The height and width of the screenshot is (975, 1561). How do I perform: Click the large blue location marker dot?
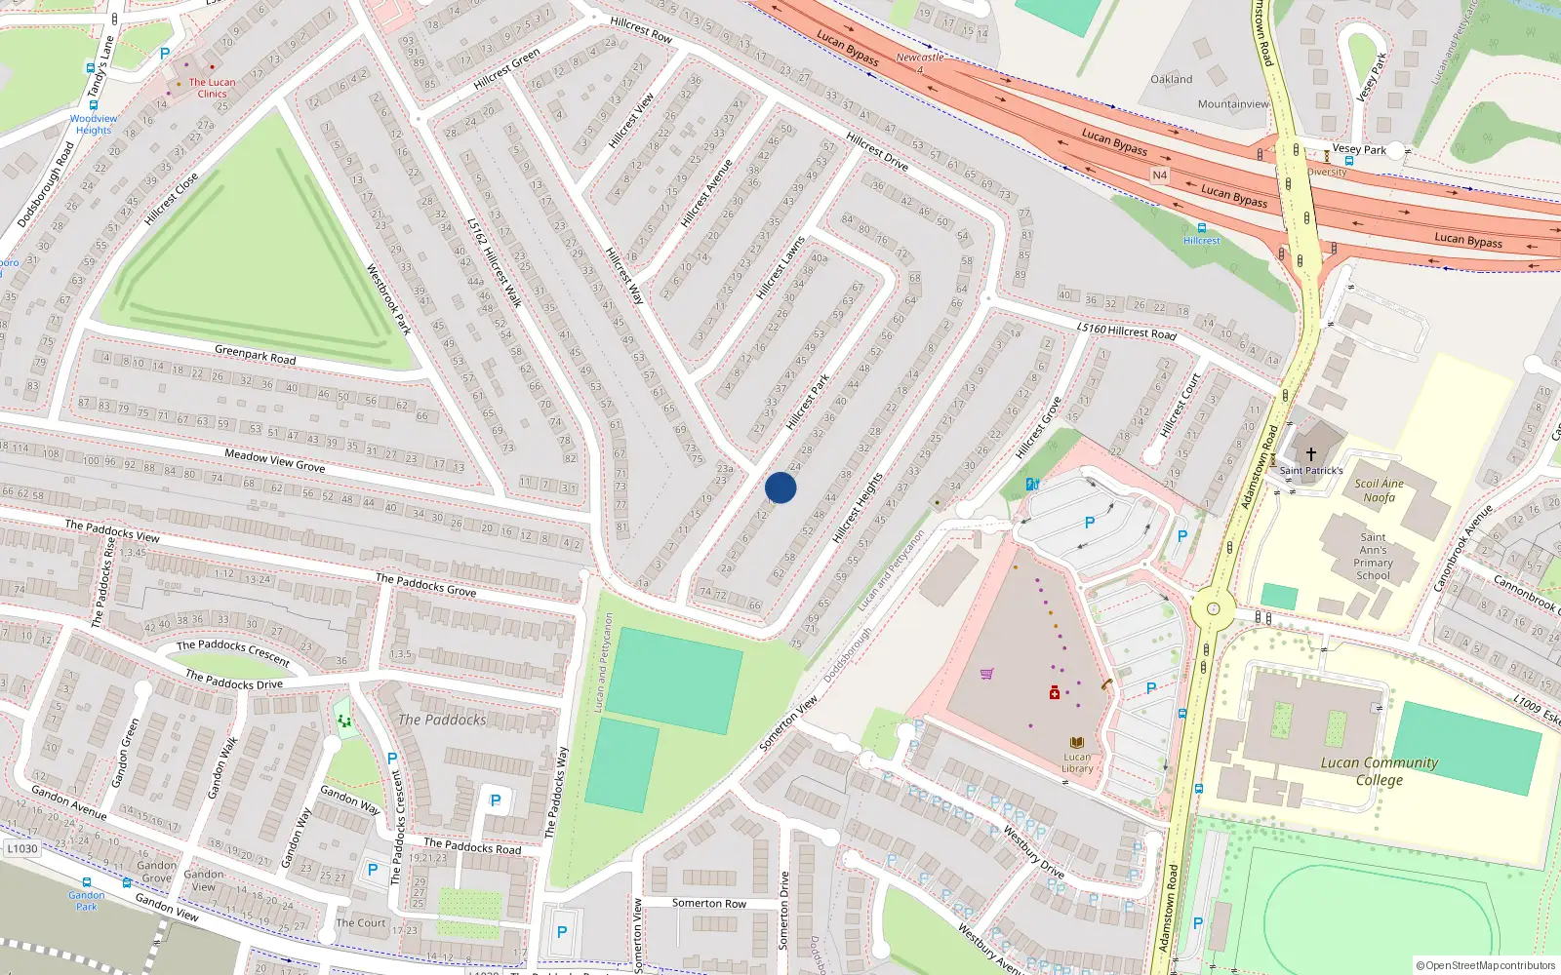tap(780, 487)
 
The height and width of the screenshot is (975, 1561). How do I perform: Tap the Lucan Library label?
tap(1077, 762)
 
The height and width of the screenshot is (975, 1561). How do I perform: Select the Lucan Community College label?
tap(1379, 771)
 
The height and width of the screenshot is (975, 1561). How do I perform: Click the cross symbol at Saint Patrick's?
tap(1311, 454)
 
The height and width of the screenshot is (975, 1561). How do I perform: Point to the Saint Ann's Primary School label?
tap(1373, 557)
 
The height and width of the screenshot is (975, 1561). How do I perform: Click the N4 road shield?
tap(1159, 175)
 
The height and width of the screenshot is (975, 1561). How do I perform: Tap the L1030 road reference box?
tap(22, 848)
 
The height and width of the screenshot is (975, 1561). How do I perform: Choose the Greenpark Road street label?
tap(255, 353)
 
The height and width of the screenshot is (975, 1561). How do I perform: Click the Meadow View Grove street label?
tap(274, 460)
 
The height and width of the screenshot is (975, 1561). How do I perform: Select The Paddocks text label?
tap(442, 720)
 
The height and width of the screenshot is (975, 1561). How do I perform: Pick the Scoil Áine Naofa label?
tap(1379, 490)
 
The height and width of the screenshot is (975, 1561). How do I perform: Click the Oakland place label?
tap(1171, 79)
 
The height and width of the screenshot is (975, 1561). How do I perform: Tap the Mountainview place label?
tap(1233, 104)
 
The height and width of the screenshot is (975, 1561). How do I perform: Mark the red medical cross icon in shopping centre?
tap(1054, 692)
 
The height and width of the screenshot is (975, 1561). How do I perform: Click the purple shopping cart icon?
tap(986, 673)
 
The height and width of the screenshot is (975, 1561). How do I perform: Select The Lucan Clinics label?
tap(212, 88)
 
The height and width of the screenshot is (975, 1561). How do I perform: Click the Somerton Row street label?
tap(708, 904)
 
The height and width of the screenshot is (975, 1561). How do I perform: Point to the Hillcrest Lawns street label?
tap(780, 267)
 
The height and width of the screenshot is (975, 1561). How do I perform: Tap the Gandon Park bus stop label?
tap(87, 900)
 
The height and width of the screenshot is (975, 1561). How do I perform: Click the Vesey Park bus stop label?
tap(1359, 149)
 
